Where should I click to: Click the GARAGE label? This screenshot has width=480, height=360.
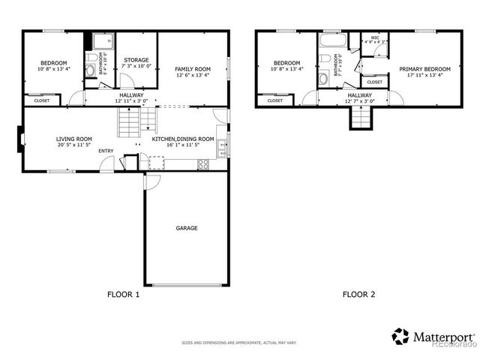point(187,228)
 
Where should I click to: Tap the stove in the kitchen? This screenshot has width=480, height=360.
point(202,163)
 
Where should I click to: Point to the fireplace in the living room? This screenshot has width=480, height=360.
point(19,138)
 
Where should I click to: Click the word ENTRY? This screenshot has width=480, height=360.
point(106,151)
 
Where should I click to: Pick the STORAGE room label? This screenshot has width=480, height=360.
point(136,60)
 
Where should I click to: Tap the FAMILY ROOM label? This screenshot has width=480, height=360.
point(192,68)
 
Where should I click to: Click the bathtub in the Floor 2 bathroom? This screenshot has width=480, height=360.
point(330,40)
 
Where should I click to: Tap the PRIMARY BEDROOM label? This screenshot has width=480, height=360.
point(424,69)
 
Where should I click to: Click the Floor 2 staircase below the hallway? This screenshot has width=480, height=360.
point(361,116)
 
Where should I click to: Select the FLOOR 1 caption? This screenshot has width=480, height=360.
point(124,295)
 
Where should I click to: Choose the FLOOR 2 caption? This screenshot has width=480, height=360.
point(358,295)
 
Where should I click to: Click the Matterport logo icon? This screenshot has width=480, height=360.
point(400,336)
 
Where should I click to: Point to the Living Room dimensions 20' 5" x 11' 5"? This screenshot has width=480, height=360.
point(73,145)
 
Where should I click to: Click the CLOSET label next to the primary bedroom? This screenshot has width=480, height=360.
point(375,82)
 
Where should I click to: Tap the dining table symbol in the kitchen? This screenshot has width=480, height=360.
point(156,162)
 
